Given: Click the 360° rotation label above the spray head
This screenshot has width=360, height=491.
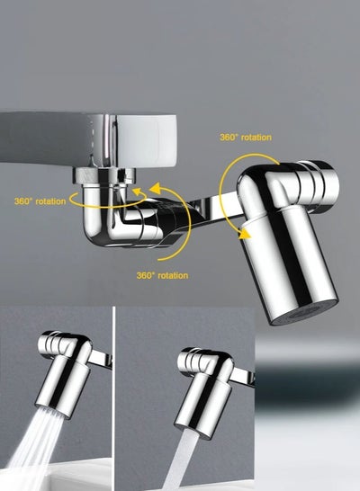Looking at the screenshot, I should click(245, 138).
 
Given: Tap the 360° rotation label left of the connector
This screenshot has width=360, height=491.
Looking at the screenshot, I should click(40, 201).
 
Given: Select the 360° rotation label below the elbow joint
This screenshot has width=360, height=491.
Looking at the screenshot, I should click(162, 275).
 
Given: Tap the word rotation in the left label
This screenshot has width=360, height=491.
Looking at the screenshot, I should click(51, 201).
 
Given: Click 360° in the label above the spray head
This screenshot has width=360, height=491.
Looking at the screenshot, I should click(229, 138).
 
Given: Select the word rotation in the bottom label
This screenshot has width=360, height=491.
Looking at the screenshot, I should click(174, 275).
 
